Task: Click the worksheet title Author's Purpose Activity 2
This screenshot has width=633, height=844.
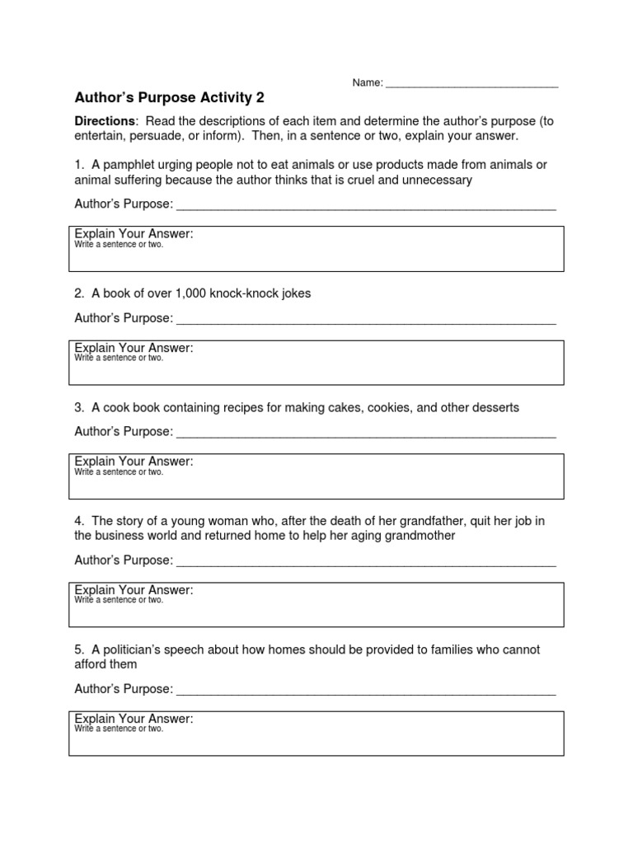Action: tap(170, 97)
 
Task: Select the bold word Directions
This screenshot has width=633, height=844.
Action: tap(105, 121)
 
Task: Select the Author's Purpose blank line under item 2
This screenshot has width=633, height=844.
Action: tap(366, 320)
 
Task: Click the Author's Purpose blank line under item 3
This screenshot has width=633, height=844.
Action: tap(366, 434)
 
